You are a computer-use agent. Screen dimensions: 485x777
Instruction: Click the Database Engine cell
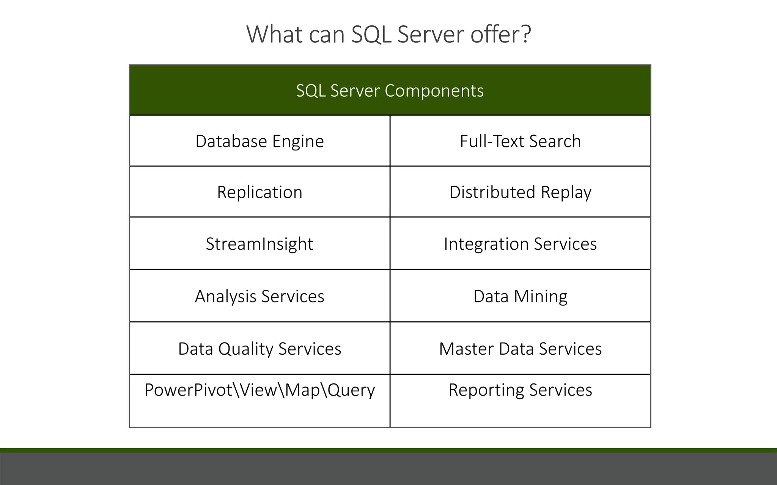[260, 141]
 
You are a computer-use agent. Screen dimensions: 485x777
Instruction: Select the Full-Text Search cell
[520, 141]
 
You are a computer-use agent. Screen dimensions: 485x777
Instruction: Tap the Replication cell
[260, 192]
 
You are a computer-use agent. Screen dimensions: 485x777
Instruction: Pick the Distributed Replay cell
[520, 192]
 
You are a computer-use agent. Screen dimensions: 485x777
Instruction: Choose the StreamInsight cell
[260, 244]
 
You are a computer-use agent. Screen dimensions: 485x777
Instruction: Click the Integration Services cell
[520, 244]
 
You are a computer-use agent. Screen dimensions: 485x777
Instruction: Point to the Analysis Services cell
[260, 296]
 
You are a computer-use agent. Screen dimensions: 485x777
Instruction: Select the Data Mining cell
[520, 296]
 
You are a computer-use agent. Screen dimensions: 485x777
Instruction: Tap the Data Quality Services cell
[260, 349]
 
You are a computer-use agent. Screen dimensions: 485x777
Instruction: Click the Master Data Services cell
[520, 349]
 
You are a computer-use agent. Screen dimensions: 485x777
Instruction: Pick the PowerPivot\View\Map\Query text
[260, 390]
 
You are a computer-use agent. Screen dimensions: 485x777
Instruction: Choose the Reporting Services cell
[520, 390]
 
